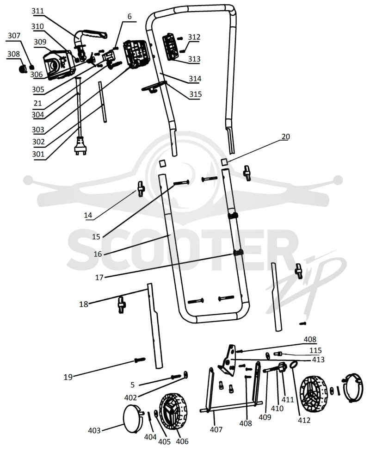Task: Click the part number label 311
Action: (38, 11)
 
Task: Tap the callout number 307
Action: (14, 36)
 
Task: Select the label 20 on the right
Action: (286, 137)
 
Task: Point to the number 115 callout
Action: (315, 350)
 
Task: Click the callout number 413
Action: (318, 360)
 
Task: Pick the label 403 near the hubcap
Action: (94, 430)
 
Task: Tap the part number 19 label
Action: (68, 377)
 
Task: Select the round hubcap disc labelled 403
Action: (133, 418)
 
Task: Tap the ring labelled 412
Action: (294, 365)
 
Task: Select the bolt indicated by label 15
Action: (182, 183)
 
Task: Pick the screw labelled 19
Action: (140, 360)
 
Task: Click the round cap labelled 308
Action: (22, 69)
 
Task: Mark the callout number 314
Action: (195, 79)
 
